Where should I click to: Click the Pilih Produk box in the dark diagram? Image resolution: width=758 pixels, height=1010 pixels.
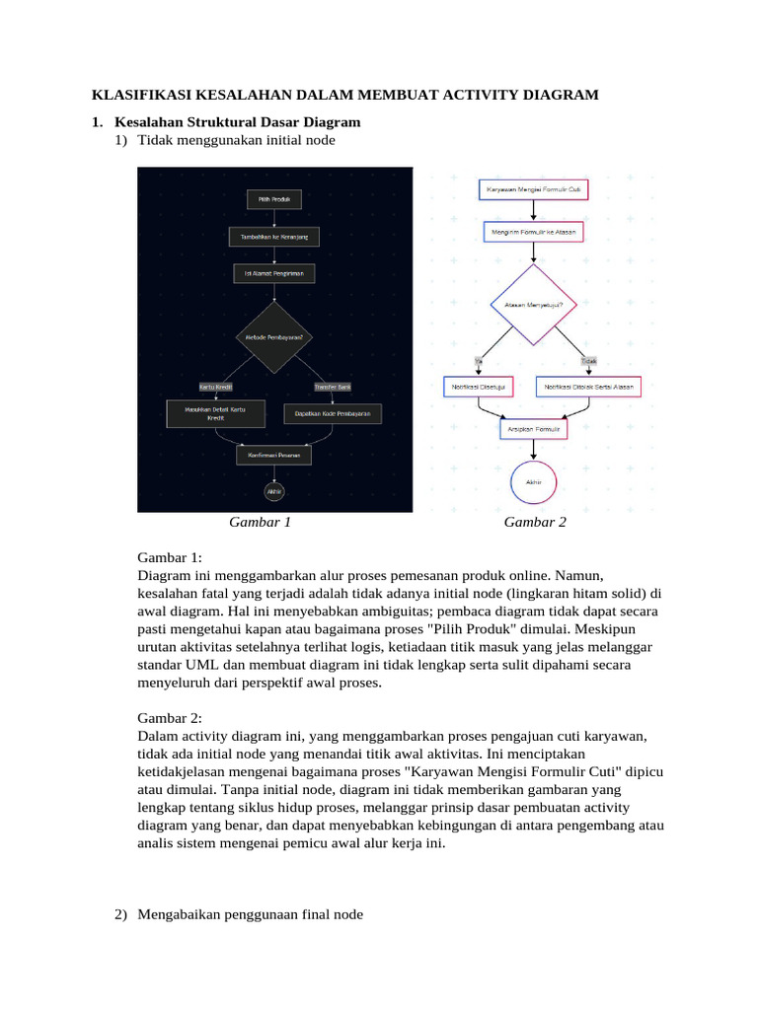point(273,199)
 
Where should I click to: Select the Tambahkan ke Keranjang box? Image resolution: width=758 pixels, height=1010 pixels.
point(273,237)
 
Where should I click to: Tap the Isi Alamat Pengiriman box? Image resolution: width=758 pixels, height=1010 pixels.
point(273,272)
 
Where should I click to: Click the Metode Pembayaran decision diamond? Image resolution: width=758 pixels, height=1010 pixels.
point(273,337)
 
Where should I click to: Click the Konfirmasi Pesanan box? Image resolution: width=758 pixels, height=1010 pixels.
point(273,456)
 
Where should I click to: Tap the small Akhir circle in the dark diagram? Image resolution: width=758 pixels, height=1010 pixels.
point(273,490)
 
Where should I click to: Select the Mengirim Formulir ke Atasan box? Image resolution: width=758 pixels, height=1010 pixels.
point(533,233)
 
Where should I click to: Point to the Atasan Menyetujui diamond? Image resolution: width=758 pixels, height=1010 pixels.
point(533,305)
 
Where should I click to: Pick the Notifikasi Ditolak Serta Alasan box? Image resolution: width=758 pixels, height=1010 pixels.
point(588,387)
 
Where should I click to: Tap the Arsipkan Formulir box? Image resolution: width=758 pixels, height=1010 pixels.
point(533,430)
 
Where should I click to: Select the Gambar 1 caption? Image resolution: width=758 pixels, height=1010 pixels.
point(260,523)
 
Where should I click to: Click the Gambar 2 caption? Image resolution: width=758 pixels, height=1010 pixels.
point(535,523)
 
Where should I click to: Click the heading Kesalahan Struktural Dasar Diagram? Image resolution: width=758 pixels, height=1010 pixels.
point(237,122)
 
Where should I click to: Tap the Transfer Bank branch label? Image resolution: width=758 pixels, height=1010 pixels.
point(333,387)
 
